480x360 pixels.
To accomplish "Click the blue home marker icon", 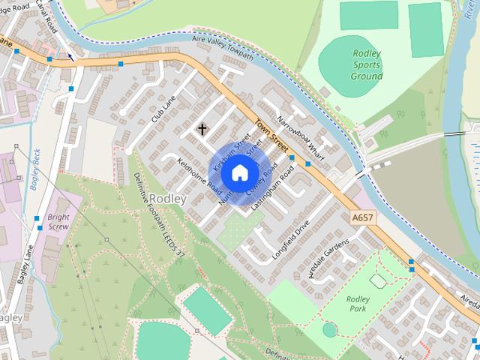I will (x=239, y=174).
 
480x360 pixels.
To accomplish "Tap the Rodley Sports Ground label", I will (x=366, y=64).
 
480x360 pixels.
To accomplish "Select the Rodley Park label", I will (x=358, y=304).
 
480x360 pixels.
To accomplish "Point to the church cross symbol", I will (x=202, y=129).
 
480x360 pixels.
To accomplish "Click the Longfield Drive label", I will (x=292, y=239).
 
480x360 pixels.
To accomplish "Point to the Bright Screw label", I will (x=58, y=221).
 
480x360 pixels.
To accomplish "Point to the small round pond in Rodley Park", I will (x=330, y=328).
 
